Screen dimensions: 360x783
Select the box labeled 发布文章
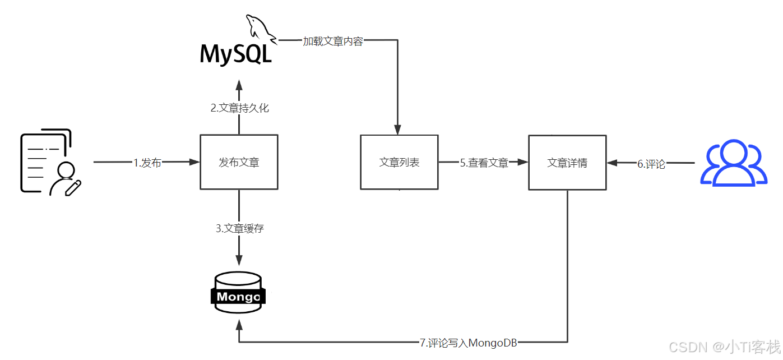tap(239, 162)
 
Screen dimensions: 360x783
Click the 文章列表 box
tap(399, 162)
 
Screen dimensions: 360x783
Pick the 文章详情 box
tap(567, 163)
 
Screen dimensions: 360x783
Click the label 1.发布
tap(147, 163)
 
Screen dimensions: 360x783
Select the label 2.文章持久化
tap(240, 108)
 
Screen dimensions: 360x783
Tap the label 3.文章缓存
tap(240, 228)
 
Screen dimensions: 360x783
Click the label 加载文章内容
tap(333, 41)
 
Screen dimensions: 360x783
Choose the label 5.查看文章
tap(484, 163)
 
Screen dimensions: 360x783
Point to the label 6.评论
tap(651, 164)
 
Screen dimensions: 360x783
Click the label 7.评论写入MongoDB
tap(469, 343)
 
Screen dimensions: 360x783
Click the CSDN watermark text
tap(725, 347)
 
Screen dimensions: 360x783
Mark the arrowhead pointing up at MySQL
tap(239, 85)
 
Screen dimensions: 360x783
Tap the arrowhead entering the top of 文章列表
tap(398, 130)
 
